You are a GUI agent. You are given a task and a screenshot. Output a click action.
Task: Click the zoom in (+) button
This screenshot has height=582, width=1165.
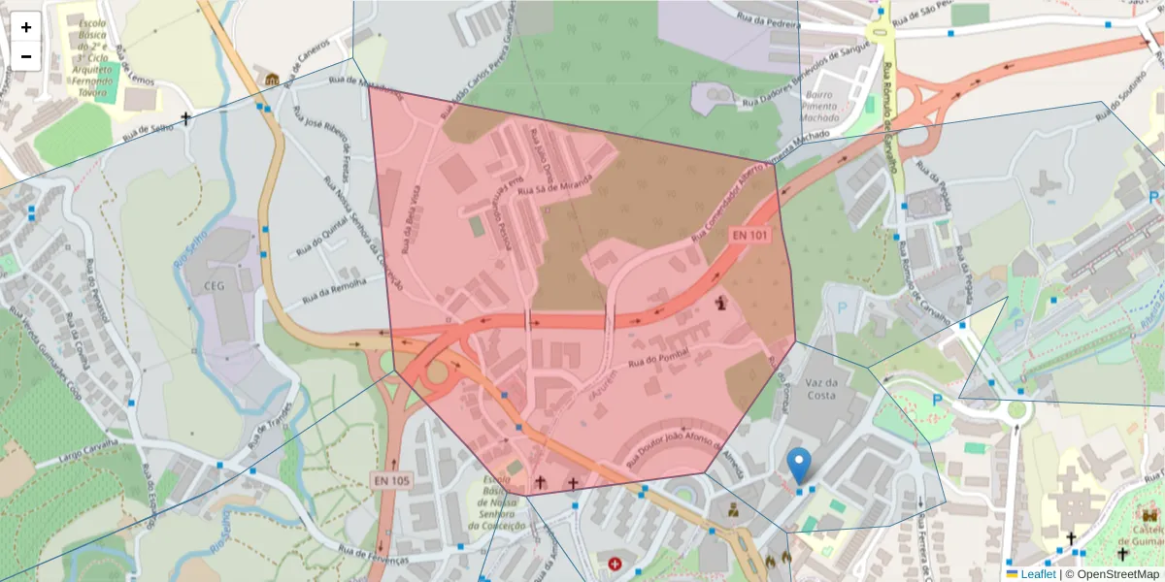click(26, 27)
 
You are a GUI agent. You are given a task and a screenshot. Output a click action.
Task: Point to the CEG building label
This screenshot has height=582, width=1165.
click(215, 286)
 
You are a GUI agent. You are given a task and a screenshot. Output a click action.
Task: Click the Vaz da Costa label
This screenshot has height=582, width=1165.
click(821, 389)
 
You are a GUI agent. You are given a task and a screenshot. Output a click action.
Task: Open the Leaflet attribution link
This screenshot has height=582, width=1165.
click(1038, 574)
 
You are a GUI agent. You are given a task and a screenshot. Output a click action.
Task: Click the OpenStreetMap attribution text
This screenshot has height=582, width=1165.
click(1113, 574)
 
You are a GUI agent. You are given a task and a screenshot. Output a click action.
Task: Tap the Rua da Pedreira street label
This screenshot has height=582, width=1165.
click(772, 16)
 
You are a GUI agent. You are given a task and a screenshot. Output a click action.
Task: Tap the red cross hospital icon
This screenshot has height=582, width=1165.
click(615, 563)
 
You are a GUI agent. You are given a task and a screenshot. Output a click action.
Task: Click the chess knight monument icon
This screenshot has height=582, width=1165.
click(721, 303)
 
